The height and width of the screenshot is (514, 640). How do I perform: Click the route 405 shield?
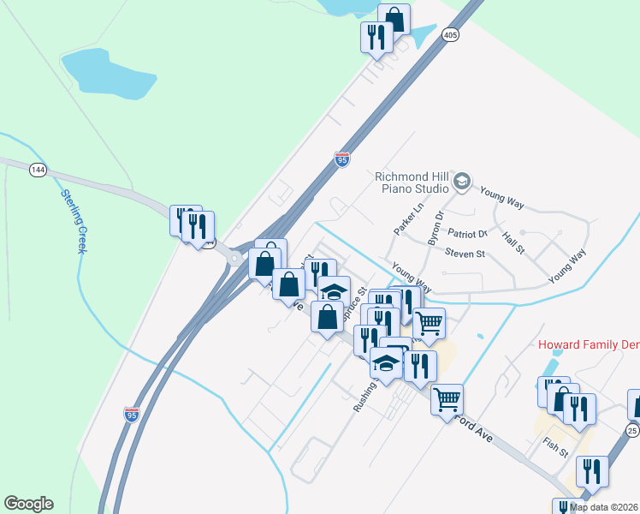(451, 35)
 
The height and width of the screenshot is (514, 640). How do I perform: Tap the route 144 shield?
(37, 170)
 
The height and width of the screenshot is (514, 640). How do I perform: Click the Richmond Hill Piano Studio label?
(412, 182)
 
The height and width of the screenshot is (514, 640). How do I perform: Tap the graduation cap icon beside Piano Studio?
(462, 181)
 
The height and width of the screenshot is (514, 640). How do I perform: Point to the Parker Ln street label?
(409, 220)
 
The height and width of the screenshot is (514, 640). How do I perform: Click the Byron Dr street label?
(435, 227)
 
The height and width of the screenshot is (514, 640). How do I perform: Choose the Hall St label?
(513, 243)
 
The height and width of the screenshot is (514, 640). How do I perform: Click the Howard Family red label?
(589, 344)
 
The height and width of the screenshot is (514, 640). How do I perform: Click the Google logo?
(28, 504)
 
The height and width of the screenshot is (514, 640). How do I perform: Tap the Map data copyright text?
(604, 507)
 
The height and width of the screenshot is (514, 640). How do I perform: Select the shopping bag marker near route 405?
(394, 19)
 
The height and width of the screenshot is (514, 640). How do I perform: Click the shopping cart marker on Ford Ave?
(447, 399)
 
